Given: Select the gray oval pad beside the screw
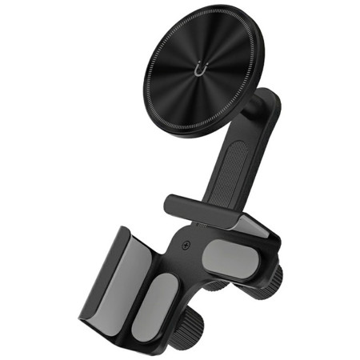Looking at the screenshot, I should (227, 258).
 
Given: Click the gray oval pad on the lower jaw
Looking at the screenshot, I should (163, 306).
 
